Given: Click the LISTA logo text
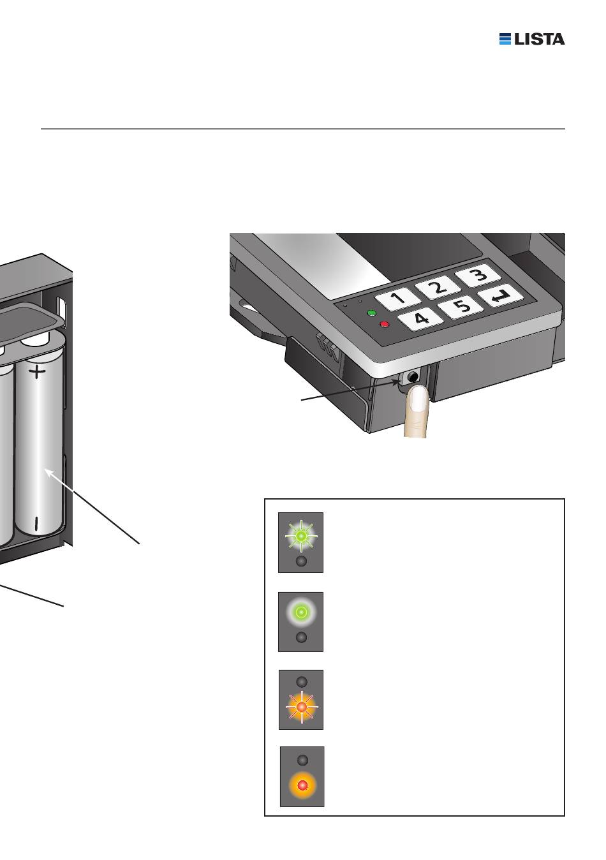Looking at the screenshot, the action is point(539,39).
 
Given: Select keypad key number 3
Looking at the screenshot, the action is point(478,275).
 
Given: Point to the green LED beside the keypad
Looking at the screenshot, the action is point(371,313).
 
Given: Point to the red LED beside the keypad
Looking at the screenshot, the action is point(384,325).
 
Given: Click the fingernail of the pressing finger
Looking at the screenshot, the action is point(418,399).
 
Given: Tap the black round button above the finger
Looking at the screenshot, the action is point(413,377).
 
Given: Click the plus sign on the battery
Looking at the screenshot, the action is point(37,371).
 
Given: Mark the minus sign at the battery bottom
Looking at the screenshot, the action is point(36,523).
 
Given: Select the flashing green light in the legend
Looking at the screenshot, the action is point(301,535).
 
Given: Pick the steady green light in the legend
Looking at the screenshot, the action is point(301,611).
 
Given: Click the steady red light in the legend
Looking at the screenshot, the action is point(302,785).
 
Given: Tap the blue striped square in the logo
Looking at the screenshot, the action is point(505,39).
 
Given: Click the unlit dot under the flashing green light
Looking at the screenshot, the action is point(301,561).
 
